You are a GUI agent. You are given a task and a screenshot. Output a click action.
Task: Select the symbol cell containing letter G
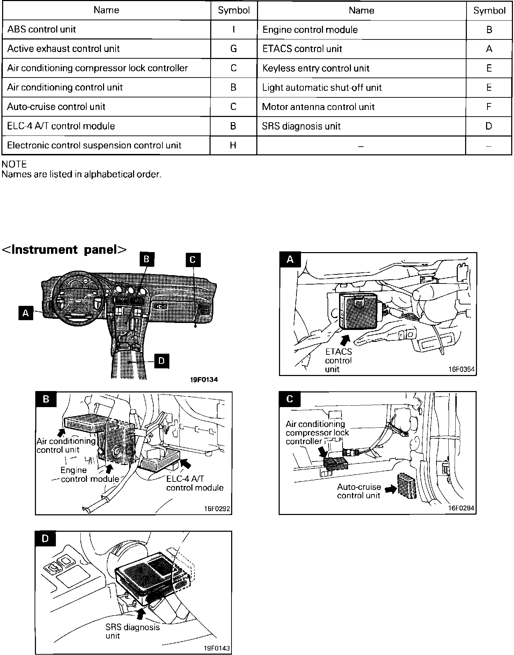coord(234,49)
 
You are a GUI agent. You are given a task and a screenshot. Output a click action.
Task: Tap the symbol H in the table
coord(233,145)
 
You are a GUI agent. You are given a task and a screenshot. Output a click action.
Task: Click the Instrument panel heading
coord(64,249)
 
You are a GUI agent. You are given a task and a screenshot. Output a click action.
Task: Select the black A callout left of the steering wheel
coord(25,313)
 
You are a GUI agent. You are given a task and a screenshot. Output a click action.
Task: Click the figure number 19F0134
coord(204,380)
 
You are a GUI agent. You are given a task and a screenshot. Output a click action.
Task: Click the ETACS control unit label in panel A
coord(338,360)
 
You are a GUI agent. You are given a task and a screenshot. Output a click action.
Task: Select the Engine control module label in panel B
coord(90,474)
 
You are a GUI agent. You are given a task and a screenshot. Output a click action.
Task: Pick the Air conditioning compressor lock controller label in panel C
coord(317,433)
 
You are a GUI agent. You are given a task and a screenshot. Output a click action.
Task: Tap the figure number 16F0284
coord(461,508)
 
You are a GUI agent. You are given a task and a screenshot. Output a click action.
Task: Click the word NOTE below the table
coord(14,164)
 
